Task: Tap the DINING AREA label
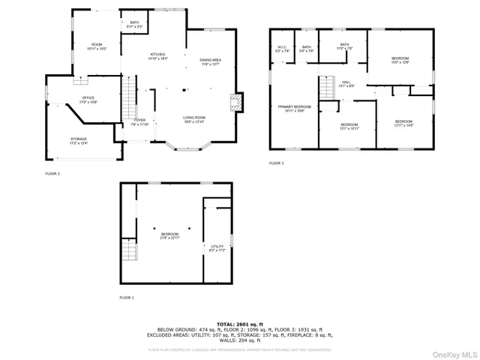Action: tap(210, 61)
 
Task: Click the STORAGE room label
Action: tap(79, 140)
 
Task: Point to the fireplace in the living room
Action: tap(237, 102)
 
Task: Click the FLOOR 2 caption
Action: tap(52, 173)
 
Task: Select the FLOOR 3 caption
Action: tap(277, 163)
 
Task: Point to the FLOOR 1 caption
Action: tap(127, 298)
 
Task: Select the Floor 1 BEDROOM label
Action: tap(170, 235)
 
